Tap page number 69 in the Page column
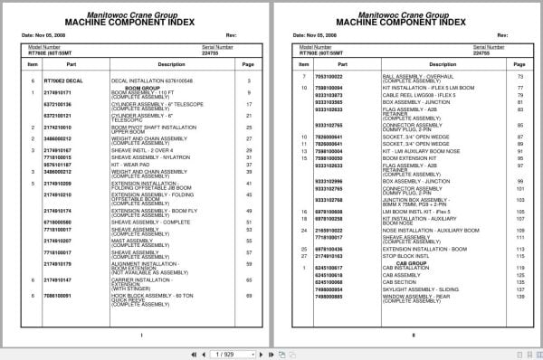(248, 295)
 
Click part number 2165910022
(329, 232)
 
